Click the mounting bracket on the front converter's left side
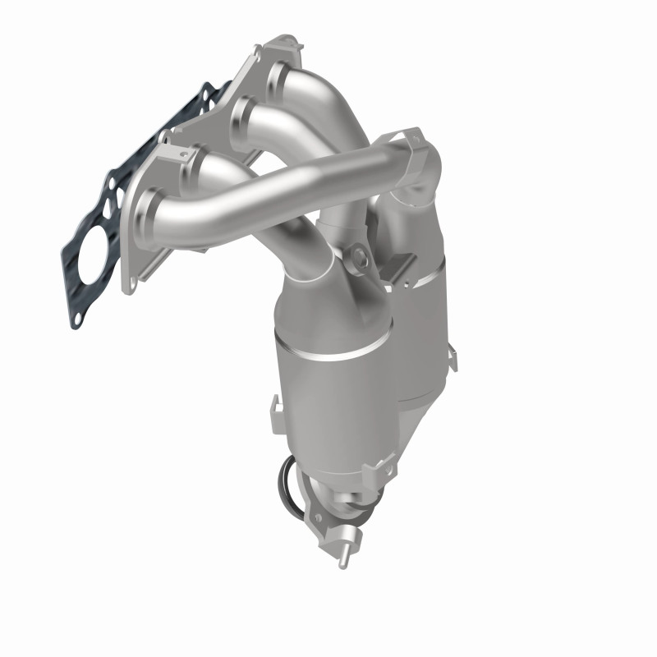pos(276,405)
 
